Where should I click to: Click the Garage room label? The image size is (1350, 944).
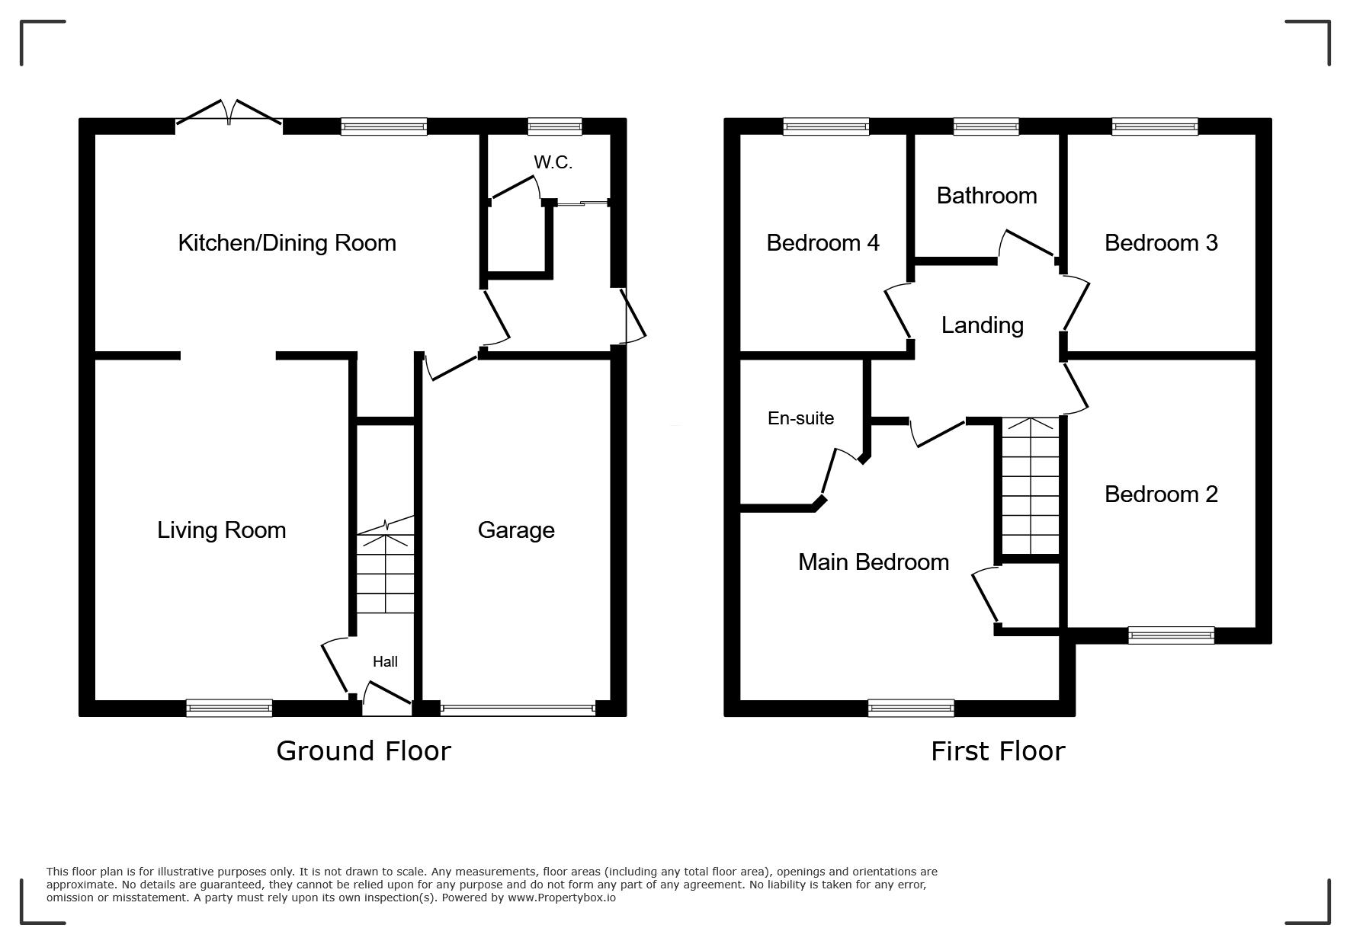tap(516, 530)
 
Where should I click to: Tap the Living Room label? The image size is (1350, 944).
tap(222, 530)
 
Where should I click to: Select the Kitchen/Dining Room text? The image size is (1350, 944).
tap(287, 243)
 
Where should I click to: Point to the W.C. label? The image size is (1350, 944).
tap(553, 162)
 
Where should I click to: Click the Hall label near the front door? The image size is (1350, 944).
tap(385, 661)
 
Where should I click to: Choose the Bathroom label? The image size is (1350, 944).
tap(987, 196)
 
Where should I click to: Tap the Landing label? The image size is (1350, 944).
tap(983, 325)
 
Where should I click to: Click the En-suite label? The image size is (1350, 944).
tap(801, 418)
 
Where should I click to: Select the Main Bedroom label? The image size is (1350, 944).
tap(874, 562)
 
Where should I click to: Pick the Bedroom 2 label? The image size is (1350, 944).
tap(1161, 494)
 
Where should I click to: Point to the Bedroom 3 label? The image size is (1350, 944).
tap(1161, 243)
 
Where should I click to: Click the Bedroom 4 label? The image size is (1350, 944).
tap(823, 243)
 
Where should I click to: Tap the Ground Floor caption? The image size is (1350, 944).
tap(364, 751)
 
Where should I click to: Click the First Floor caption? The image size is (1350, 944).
tap(998, 751)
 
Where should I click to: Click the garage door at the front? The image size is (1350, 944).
tap(518, 709)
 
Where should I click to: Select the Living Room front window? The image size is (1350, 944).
tap(229, 708)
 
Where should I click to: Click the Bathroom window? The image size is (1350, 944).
tap(986, 126)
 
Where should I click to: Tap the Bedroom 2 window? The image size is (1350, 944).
tap(1171, 635)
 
